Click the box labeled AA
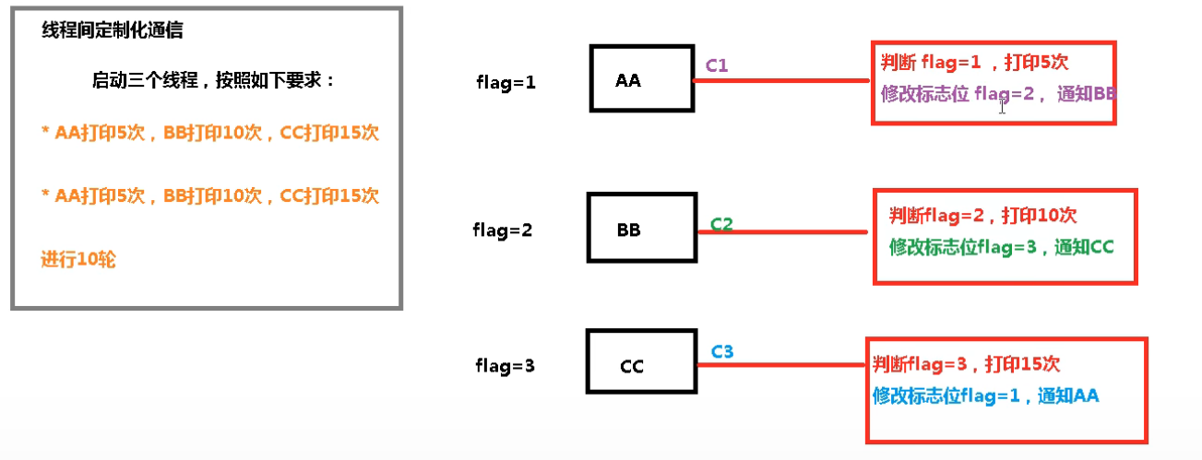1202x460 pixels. [x=642, y=79]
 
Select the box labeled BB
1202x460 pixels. [x=641, y=229]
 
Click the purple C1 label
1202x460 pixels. [x=717, y=65]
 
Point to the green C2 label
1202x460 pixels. [x=721, y=224]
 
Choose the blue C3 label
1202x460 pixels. [x=722, y=351]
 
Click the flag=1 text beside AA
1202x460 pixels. [x=506, y=82]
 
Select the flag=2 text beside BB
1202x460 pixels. [x=504, y=230]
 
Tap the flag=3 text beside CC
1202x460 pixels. [x=505, y=366]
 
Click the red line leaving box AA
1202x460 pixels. [x=784, y=80]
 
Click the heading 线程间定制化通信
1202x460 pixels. [x=113, y=30]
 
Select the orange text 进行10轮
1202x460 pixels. [x=78, y=260]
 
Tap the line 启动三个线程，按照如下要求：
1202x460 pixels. [x=214, y=80]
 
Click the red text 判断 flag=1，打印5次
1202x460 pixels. [x=974, y=63]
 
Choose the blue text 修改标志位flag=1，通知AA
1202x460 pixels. [x=986, y=395]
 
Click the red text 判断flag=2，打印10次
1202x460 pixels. [x=982, y=216]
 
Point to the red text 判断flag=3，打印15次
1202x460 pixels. [x=972, y=364]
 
